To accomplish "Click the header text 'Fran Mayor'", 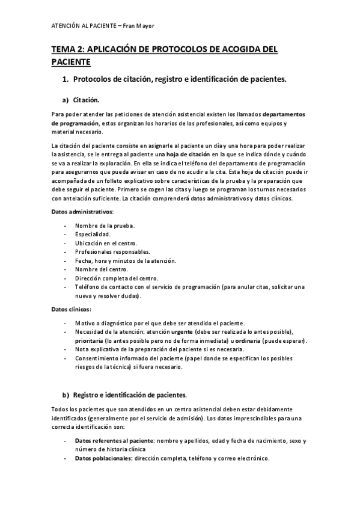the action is coord(139,25).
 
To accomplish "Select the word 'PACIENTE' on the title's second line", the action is coord(71,62).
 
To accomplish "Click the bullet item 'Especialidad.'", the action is coord(93,235).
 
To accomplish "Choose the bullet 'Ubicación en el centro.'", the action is coord(108,243).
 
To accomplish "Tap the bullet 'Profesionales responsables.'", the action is coord(112,252).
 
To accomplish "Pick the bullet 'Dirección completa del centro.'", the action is coord(117,278).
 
